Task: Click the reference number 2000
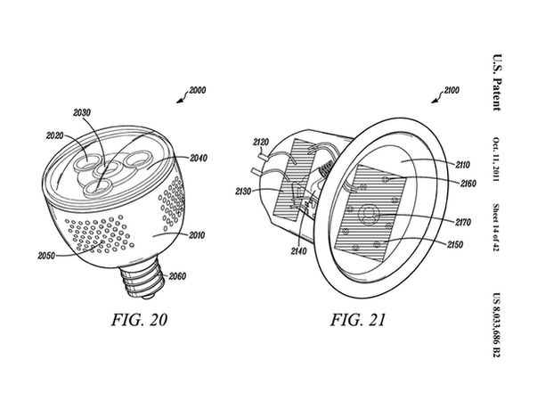pos(198,91)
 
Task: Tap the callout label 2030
pos(82,112)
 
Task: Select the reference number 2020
pos(55,135)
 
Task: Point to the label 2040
pos(199,158)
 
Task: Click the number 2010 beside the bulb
pos(196,235)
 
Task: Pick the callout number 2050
pos(46,256)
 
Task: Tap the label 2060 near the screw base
pos(177,276)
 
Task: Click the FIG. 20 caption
pos(139,320)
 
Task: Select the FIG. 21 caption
pos(357,320)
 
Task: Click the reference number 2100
pos(452,91)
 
